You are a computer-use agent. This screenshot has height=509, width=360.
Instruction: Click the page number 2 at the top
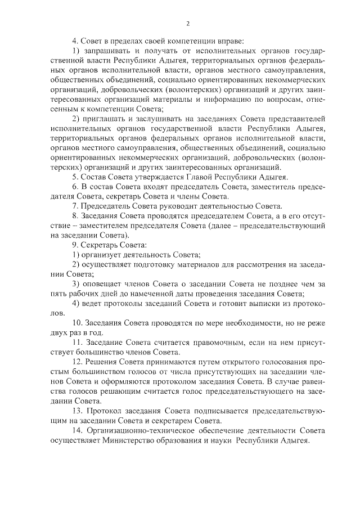tap(187, 24)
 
